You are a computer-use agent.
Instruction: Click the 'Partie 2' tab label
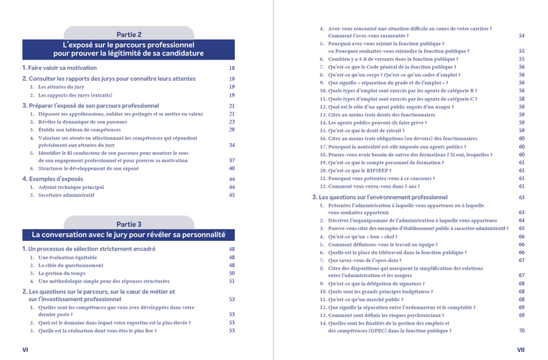pos(129,34)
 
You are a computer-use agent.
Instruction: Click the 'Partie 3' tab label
pos(129,223)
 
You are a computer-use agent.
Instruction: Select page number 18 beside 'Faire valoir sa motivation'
pos(232,68)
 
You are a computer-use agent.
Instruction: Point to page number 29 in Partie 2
pos(232,129)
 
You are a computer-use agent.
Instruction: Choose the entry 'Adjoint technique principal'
pos(71,187)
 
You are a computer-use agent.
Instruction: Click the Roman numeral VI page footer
pos(25,349)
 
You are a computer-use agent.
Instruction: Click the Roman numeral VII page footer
pos(521,349)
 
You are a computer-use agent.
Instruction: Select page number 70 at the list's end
pos(521,331)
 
